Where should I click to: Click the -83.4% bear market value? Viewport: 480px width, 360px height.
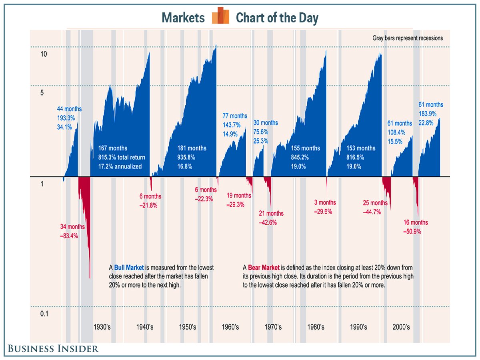[69, 236]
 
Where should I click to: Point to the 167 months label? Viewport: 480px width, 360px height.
[113, 148]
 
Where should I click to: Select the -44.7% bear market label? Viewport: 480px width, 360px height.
[372, 212]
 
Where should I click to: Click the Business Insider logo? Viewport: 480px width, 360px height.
[52, 348]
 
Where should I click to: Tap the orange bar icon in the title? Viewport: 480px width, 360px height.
[220, 16]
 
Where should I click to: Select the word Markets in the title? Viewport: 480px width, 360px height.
[183, 18]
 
